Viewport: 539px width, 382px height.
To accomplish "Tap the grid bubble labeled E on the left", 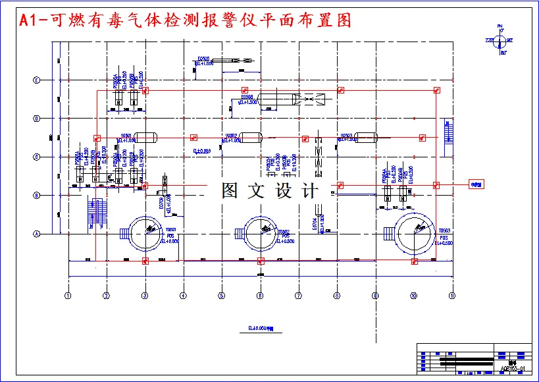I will (x=37, y=80).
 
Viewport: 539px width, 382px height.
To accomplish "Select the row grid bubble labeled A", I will (x=37, y=233).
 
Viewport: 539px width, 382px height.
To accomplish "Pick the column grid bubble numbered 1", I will (x=68, y=296).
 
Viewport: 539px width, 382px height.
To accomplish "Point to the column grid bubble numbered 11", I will (x=452, y=296).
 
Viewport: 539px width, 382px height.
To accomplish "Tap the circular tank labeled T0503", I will (x=415, y=233).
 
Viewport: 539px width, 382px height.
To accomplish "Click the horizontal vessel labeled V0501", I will (x=145, y=137).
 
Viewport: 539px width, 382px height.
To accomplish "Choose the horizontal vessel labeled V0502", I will (x=251, y=137).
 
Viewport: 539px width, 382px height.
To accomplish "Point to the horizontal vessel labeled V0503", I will (x=366, y=137).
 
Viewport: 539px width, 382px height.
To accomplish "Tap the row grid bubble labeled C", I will (x=37, y=157).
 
